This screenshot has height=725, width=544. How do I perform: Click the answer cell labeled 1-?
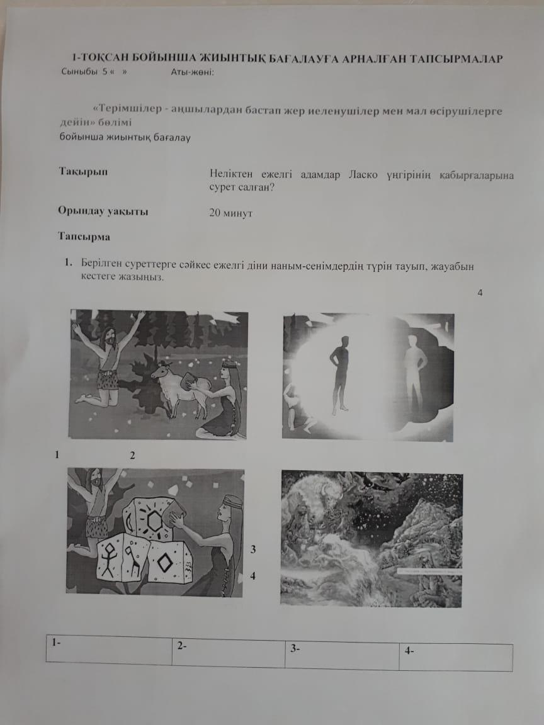click(109, 651)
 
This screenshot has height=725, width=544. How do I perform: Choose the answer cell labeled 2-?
click(229, 653)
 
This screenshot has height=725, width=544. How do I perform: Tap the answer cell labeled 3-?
click(342, 655)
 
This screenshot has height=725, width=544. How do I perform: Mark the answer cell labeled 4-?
click(456, 656)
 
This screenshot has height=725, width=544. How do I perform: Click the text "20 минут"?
click(231, 213)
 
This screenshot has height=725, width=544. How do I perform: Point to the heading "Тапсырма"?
click(84, 237)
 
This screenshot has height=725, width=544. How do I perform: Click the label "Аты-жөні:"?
click(193, 72)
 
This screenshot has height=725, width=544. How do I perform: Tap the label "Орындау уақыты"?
click(103, 211)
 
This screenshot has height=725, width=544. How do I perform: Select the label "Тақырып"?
click(83, 172)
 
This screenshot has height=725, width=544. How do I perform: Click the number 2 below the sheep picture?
click(133, 456)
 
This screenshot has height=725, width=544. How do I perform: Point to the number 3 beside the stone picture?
click(253, 550)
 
